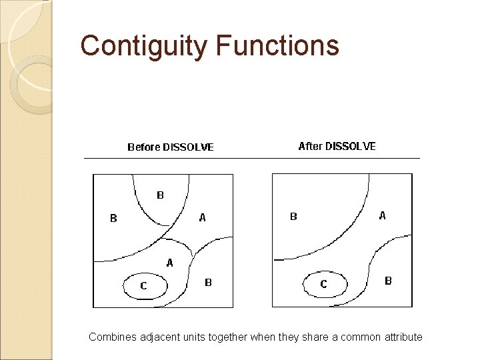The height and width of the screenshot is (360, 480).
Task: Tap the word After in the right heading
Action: click(310, 146)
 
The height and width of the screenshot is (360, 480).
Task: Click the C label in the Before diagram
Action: click(143, 286)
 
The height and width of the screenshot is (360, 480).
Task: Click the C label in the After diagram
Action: click(323, 284)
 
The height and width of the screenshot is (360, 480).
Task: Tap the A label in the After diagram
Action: click(382, 215)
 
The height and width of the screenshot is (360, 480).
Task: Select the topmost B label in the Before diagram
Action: click(160, 195)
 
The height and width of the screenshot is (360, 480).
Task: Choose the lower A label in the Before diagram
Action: click(169, 263)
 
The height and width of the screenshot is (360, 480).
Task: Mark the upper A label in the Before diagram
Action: click(203, 217)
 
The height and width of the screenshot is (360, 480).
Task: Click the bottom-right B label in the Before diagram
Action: click(208, 283)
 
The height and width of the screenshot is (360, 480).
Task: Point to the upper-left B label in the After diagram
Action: click(293, 216)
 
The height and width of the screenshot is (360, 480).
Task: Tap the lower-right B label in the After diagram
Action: click(388, 281)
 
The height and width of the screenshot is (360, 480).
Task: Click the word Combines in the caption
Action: click(111, 337)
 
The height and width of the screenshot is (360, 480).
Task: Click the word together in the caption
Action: click(227, 337)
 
